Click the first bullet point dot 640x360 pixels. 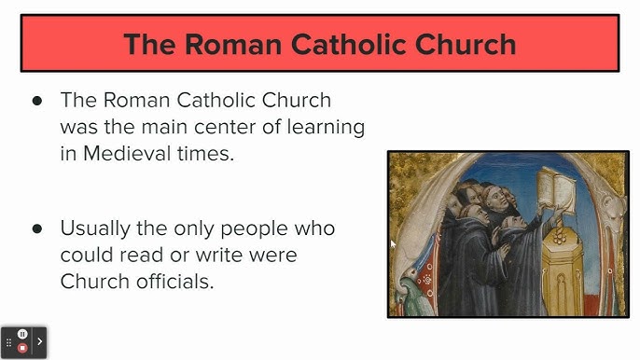(x=37, y=101)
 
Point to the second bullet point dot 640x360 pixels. (x=37, y=228)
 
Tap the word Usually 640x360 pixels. (x=98, y=228)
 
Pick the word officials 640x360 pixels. (x=175, y=280)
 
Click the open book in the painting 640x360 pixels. (x=560, y=189)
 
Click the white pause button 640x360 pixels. (x=23, y=334)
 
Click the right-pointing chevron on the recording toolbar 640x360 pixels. (x=40, y=341)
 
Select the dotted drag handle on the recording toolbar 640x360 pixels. (x=8, y=342)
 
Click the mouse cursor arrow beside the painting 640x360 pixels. (x=393, y=244)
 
